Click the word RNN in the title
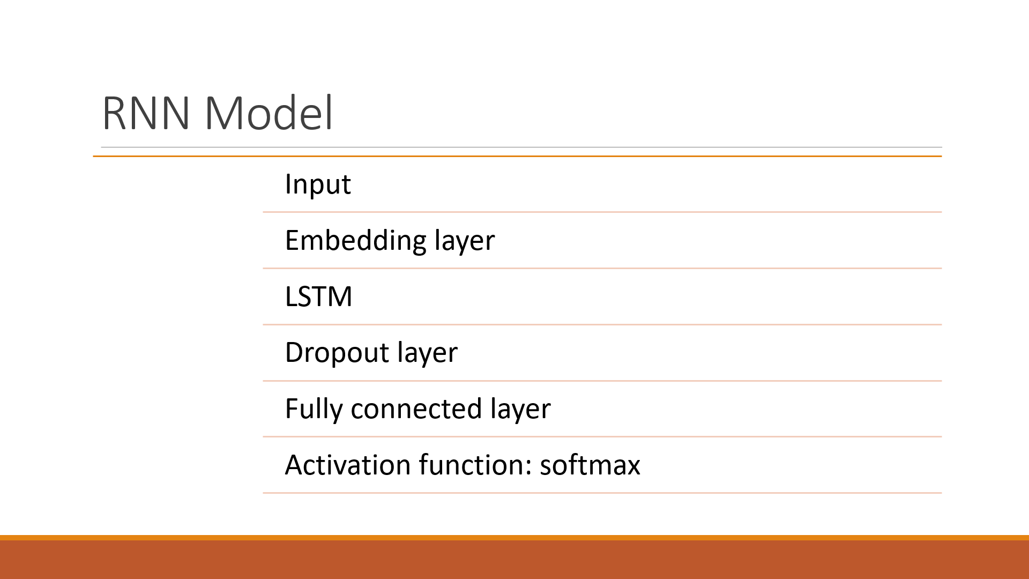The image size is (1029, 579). [146, 114]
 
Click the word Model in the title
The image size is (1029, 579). [269, 114]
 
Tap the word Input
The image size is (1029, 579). [317, 184]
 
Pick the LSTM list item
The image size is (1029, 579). [318, 296]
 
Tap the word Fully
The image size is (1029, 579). [314, 409]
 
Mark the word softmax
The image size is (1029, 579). [590, 465]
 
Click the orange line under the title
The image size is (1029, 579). [517, 156]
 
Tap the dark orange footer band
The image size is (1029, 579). [514, 559]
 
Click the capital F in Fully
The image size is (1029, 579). [292, 409]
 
